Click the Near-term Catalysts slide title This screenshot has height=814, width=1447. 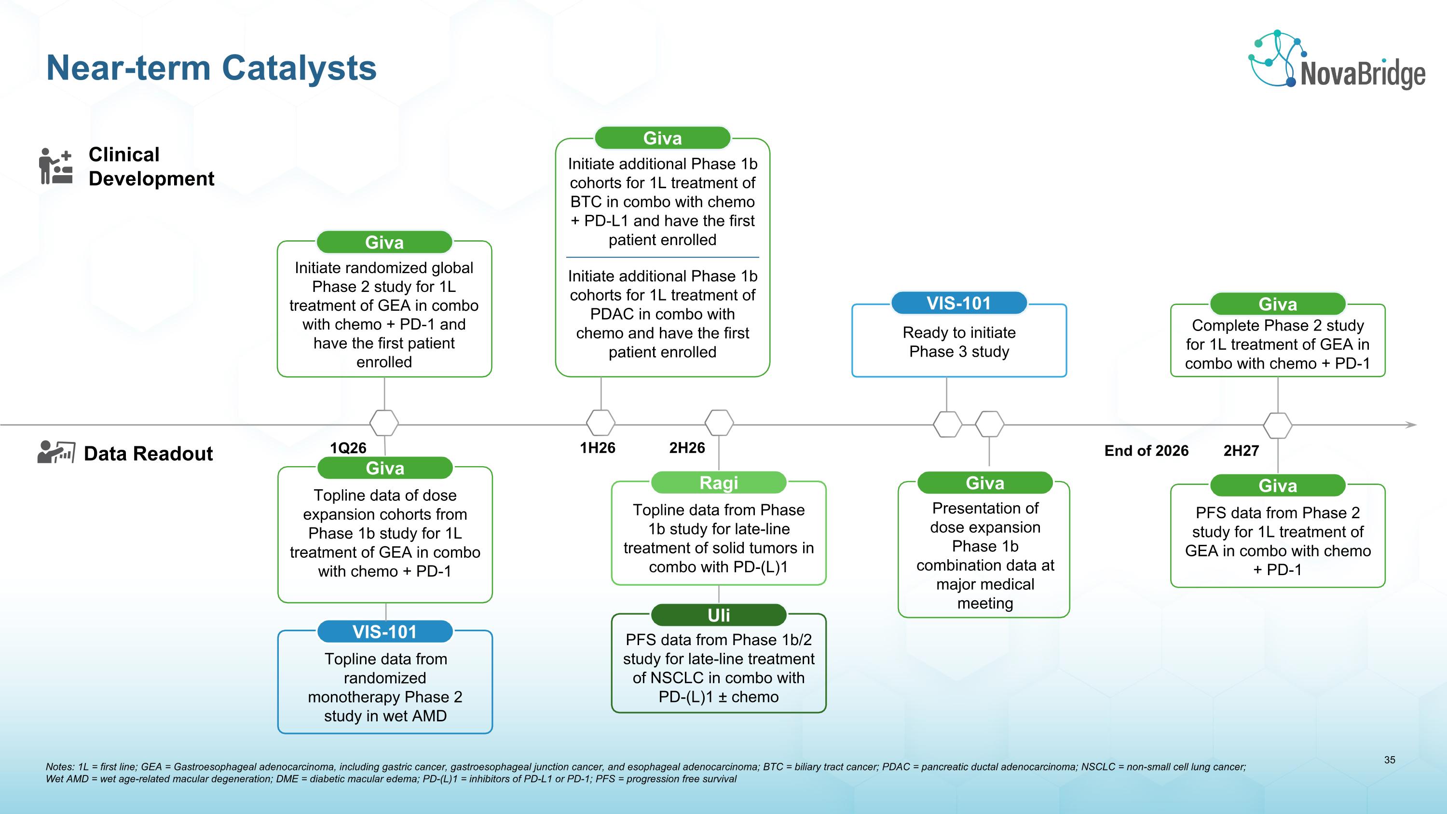pos(211,68)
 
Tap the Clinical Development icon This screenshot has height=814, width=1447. pos(55,166)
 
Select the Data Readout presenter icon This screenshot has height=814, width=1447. pos(55,452)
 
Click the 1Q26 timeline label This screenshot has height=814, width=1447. pos(348,448)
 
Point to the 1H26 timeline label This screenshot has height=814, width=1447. pos(597,448)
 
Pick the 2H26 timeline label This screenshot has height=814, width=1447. pos(686,448)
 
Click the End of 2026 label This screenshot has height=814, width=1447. pos(1146,451)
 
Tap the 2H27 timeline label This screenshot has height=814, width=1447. pos(1241,451)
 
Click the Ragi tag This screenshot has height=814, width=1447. pos(719,483)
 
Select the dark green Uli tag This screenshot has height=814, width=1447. pos(719,615)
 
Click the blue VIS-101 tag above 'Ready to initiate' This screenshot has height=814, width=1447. pos(958,304)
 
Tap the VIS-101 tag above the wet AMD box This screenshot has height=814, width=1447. pos(385,632)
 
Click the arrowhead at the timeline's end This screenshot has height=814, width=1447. pos(1411,425)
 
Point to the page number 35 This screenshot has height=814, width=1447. pos(1389,760)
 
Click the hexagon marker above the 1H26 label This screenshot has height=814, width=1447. pos(601,423)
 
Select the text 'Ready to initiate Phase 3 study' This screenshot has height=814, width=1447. pos(959,342)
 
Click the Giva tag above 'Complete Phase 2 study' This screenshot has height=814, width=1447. pos(1277,304)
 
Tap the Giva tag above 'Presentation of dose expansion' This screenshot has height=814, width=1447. pos(985,483)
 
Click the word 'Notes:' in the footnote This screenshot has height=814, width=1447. pos(59,767)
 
